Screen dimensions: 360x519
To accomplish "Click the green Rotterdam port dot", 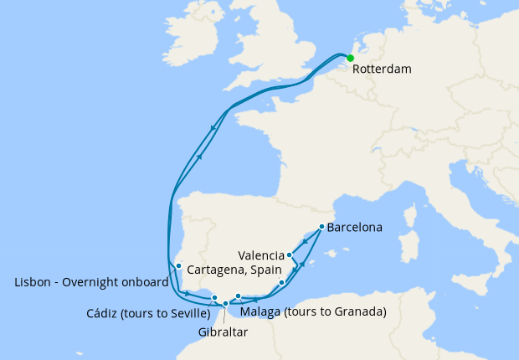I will point(350,58).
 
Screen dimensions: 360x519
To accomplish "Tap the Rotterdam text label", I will point(382,69).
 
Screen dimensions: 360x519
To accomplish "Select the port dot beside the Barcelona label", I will point(322,227).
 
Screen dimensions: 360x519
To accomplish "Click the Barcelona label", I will point(355,227).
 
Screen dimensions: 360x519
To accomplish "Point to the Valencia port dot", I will point(290,255).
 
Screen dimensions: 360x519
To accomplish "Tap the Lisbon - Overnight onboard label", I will point(92,282).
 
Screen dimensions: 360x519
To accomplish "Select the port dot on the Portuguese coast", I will point(178,266).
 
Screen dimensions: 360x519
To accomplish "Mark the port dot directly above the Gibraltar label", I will point(225,304).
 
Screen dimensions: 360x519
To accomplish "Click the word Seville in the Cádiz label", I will point(184,313).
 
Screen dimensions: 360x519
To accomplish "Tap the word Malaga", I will point(259,312).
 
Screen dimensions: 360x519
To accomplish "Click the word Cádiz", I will point(105,313).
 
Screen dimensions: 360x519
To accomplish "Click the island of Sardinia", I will point(409,247).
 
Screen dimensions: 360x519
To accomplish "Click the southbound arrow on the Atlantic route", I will point(214,128).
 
